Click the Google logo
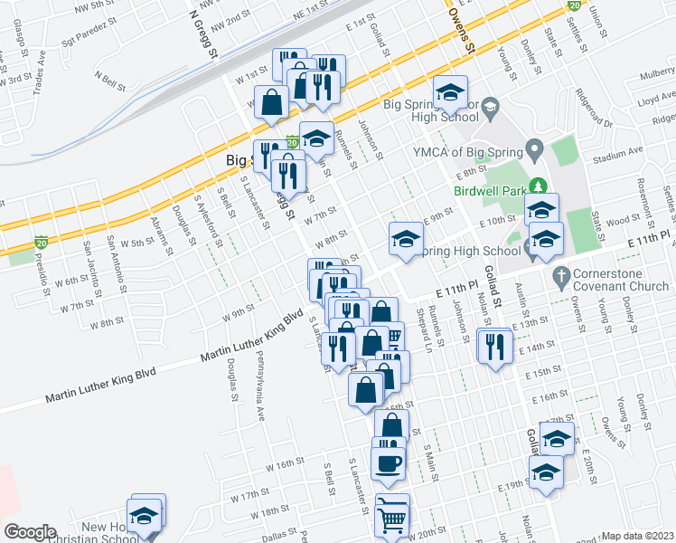[29, 532]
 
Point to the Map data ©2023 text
[638, 536]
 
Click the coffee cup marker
[389, 463]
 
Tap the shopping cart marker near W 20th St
[391, 518]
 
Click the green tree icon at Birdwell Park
[540, 186]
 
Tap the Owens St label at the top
[459, 36]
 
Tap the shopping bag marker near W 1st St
[271, 103]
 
